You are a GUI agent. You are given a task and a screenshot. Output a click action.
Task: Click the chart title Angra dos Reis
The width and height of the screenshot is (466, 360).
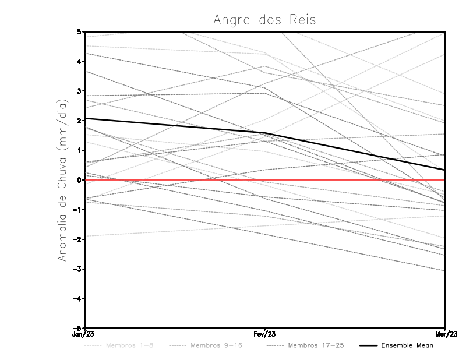(264, 19)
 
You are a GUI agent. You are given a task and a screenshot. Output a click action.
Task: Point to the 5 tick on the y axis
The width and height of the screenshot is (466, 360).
(79, 31)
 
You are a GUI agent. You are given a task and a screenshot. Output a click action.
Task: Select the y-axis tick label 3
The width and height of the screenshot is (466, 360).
(79, 91)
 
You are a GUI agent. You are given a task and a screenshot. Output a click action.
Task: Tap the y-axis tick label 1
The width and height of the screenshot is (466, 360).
(79, 150)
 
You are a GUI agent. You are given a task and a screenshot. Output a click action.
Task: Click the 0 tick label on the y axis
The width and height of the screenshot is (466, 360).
(79, 180)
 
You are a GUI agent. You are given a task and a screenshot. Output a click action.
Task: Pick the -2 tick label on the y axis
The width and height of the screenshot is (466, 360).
(77, 239)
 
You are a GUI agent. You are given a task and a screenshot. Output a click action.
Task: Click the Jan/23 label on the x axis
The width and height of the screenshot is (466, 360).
(84, 335)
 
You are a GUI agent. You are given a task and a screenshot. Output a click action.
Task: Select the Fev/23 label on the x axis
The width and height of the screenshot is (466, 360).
(264, 335)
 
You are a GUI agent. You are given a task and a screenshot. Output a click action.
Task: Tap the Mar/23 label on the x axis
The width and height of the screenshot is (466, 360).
(445, 335)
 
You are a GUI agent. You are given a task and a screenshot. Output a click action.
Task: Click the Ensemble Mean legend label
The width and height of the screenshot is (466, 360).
(407, 345)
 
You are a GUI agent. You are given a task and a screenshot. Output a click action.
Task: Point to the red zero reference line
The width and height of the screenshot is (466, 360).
(175, 180)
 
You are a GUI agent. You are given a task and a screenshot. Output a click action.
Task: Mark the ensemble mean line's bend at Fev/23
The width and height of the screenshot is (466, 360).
(265, 133)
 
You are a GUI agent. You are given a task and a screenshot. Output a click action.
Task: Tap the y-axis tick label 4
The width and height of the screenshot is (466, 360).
(79, 61)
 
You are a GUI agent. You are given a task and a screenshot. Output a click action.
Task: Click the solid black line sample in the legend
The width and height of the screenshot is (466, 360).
(368, 345)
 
